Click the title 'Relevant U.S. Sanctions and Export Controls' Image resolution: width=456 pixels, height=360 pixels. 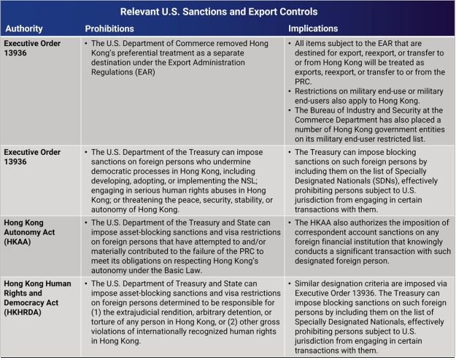[x=227, y=12]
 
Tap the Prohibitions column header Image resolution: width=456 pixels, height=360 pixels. [x=109, y=28]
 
